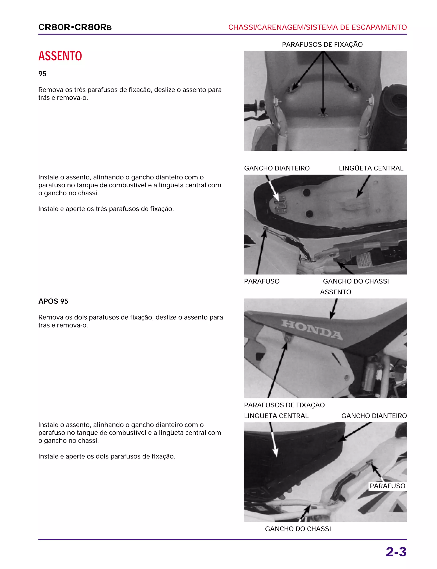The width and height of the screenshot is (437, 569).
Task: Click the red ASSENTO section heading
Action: click(60, 56)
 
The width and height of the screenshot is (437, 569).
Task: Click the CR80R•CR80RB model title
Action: click(75, 27)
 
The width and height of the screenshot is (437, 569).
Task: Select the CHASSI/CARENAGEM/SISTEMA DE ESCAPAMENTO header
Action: click(317, 27)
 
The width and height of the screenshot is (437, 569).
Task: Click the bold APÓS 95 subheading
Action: click(53, 301)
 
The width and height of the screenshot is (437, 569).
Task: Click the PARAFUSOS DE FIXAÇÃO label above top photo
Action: click(322, 44)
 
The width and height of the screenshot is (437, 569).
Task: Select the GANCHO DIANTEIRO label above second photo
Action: click(277, 168)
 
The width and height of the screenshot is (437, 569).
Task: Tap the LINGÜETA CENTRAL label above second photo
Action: click(371, 168)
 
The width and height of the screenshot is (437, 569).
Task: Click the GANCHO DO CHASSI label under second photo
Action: click(355, 281)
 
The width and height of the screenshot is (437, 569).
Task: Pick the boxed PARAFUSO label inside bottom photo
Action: click(387, 486)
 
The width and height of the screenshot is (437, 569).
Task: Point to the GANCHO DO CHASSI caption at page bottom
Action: click(298, 529)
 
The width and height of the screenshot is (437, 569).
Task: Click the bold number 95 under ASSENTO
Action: click(42, 74)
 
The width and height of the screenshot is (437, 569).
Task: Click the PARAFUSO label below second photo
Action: click(262, 281)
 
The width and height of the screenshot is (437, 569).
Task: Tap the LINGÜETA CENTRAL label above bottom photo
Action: click(276, 416)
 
